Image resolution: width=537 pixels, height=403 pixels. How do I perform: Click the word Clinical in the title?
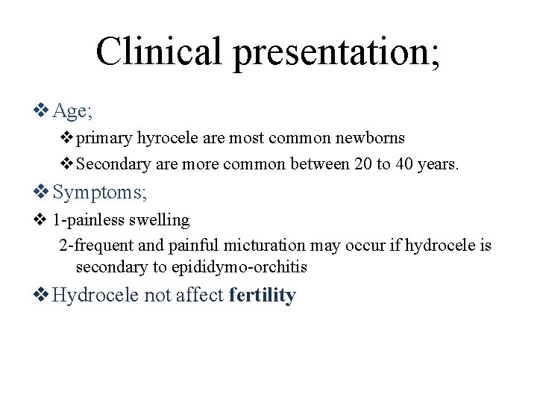point(159,51)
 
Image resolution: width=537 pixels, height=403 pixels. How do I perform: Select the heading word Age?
point(72,111)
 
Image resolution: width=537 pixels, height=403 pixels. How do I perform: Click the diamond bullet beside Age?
point(42,111)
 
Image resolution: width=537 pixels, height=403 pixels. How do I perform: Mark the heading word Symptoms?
point(100,193)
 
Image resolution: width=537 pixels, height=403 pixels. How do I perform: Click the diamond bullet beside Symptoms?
point(42,193)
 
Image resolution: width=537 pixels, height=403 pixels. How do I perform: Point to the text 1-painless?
point(88,220)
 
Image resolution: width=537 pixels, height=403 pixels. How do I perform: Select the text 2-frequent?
point(93,245)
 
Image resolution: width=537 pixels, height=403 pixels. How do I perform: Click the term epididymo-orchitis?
point(239,267)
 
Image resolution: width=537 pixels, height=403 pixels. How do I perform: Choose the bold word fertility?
point(263,296)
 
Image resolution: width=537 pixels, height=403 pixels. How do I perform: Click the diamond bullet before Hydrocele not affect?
point(42,296)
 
